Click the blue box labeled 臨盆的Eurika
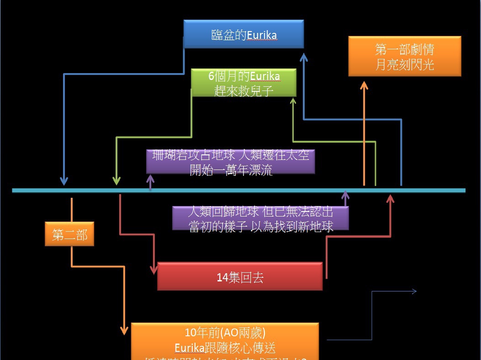(243, 34)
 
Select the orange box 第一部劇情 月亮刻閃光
(404, 56)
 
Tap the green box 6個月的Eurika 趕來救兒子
(243, 83)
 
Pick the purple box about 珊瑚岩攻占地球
(231, 162)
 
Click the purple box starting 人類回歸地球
(260, 218)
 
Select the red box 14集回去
(240, 276)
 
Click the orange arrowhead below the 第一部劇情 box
(364, 86)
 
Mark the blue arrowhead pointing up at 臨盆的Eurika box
(304, 57)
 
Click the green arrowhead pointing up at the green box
(293, 101)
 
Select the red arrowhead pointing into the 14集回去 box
(153, 270)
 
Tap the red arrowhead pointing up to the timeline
(390, 199)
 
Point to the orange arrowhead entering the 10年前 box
(124, 330)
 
